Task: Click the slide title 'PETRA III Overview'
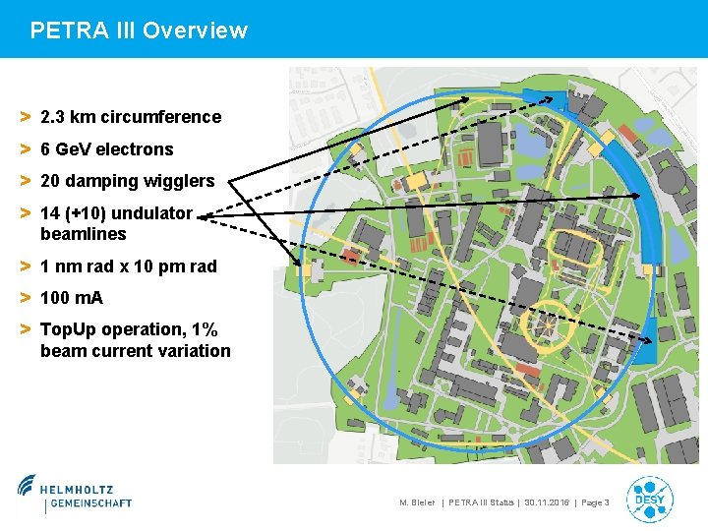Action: [x=139, y=30]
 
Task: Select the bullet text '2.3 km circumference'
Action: [x=131, y=117]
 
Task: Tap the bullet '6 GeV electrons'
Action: [x=106, y=149]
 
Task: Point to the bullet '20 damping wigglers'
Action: [x=127, y=181]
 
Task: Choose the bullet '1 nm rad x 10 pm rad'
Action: [x=128, y=266]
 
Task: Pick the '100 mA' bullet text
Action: [x=71, y=298]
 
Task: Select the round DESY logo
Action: [x=649, y=498]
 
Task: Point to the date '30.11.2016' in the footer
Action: [x=548, y=503]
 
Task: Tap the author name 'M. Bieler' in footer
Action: [x=417, y=503]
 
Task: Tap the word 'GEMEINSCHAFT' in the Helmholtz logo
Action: [x=88, y=503]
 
